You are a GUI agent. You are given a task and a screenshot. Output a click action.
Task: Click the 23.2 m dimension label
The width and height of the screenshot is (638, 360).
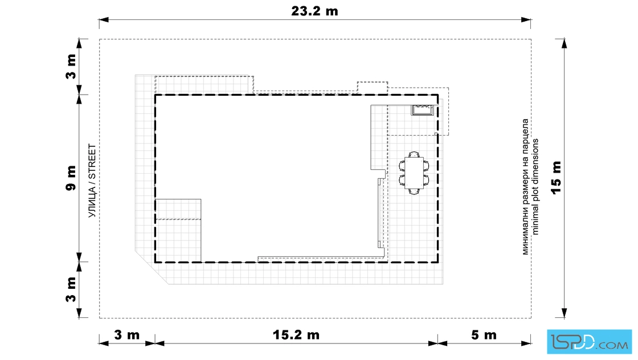314,11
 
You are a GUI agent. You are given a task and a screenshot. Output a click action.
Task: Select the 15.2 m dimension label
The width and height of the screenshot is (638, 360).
296,335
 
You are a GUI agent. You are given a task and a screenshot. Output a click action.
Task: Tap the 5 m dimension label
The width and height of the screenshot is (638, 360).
484,335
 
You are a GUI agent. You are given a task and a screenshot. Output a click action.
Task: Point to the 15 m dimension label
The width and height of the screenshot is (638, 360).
556,178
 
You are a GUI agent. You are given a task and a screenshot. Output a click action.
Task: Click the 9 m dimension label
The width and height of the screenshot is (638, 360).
71,178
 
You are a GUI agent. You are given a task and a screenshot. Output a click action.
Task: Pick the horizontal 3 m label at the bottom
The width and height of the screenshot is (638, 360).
127,335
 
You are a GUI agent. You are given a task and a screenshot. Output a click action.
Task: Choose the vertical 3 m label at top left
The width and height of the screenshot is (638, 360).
71,66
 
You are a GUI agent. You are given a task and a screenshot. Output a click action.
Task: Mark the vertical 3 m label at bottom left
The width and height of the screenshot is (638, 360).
71,289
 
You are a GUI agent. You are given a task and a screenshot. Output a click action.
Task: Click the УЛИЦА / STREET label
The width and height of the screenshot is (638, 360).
92,181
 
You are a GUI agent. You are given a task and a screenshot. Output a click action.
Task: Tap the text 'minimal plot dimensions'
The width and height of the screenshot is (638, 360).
535,187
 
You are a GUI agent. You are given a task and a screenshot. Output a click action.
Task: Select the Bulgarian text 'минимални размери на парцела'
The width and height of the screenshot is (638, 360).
525,187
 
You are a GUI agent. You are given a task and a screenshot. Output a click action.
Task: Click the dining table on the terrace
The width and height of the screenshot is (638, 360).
414,173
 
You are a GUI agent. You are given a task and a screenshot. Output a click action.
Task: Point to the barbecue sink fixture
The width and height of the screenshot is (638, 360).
422,110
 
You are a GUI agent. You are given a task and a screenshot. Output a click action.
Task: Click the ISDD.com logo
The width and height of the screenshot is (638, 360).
589,342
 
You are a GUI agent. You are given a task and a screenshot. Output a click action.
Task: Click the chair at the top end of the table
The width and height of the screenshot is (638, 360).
414,154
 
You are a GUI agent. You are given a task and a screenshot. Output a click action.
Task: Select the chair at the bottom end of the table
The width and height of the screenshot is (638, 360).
414,191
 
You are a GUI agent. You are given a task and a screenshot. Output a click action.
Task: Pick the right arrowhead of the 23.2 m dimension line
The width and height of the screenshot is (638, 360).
526,19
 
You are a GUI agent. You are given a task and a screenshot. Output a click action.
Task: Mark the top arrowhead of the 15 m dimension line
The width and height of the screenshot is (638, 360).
564,43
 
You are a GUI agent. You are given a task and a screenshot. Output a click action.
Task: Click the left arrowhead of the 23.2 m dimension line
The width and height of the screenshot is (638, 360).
104,19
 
